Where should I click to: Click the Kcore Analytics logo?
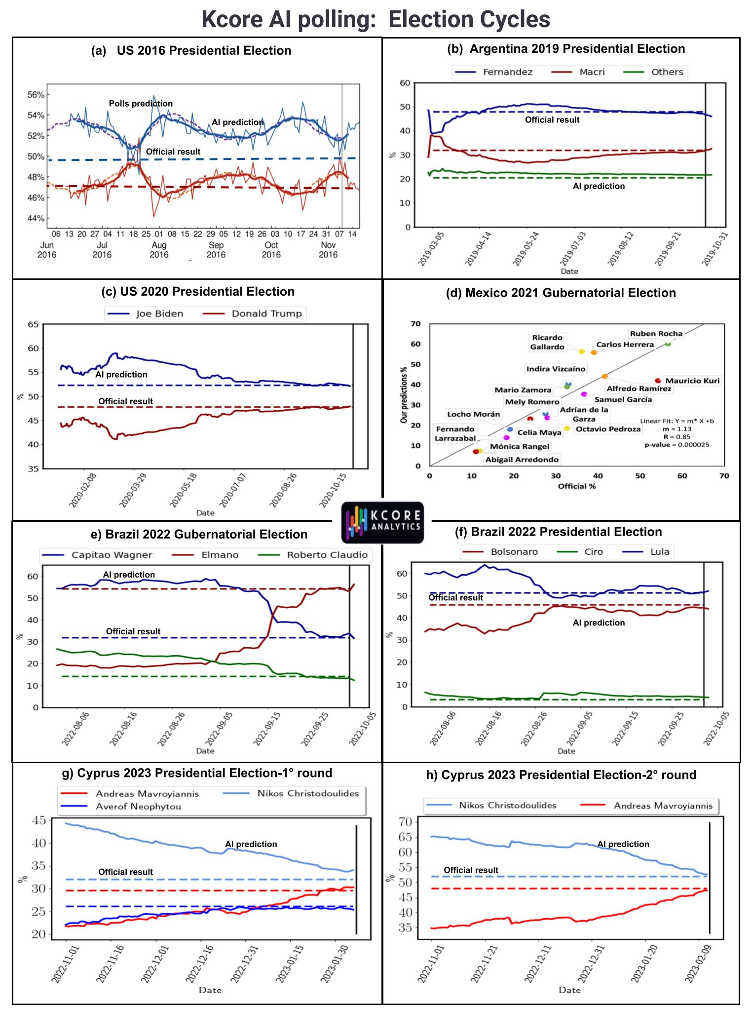tap(382, 523)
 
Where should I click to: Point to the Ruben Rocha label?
tap(656, 334)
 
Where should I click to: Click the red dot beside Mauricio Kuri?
tap(658, 381)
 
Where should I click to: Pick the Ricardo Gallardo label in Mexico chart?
tap(547, 342)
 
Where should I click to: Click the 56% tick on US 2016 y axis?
tap(36, 95)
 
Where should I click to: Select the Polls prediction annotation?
tap(141, 104)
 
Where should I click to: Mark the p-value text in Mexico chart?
tap(677, 445)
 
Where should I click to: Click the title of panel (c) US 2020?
tap(198, 292)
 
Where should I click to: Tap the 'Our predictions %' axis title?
tap(404, 395)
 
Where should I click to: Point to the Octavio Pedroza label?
tap(608, 429)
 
